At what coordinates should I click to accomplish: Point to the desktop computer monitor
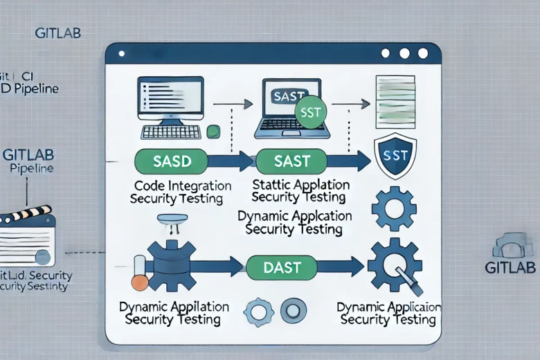172,101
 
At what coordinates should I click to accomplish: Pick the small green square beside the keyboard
213,130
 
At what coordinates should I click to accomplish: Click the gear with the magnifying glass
392,267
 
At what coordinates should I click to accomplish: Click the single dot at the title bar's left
120,53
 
